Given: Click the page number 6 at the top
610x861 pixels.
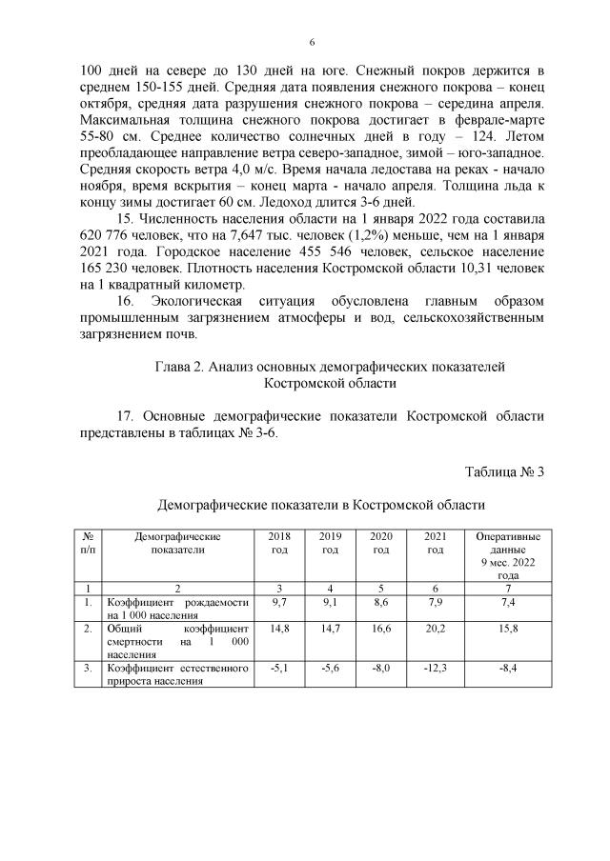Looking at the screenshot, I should coord(312,43).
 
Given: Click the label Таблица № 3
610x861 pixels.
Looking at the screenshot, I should coord(503,471).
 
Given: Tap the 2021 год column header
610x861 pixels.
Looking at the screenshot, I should coord(436,544).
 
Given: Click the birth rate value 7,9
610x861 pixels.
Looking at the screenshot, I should coord(436,603).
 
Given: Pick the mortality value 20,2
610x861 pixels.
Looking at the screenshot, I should coord(436,630).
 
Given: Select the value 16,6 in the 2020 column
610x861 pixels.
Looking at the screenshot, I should coord(381,630).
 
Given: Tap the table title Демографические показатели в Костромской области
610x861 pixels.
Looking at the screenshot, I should coord(321,504).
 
